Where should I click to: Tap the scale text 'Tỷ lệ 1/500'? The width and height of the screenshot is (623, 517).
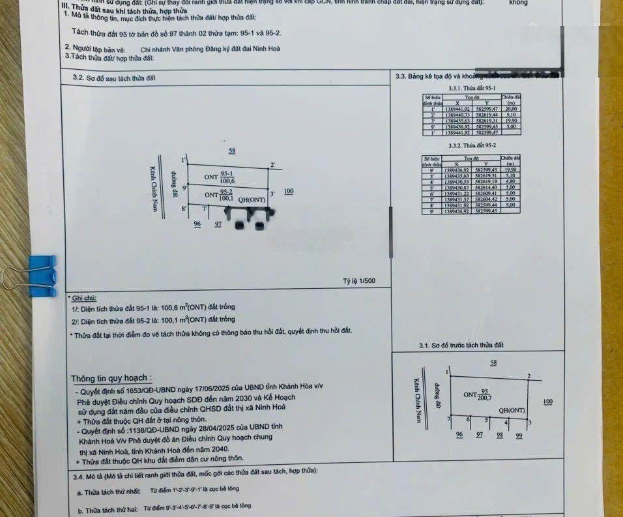(x=358, y=282)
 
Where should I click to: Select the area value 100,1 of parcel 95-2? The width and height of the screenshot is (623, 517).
(x=225, y=198)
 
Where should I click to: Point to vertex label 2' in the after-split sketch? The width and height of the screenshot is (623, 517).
(x=272, y=165)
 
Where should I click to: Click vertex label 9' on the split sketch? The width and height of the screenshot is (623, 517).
(x=184, y=188)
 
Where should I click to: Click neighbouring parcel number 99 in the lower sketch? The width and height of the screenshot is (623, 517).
(x=519, y=435)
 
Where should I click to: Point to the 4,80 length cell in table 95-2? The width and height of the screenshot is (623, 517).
(x=510, y=181)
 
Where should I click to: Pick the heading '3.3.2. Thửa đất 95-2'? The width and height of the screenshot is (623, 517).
(x=472, y=145)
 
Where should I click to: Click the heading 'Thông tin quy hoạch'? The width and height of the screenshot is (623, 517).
(x=112, y=378)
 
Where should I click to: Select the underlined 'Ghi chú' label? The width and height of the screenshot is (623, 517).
(x=85, y=297)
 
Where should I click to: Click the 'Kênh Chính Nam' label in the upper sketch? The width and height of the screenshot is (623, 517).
(x=155, y=192)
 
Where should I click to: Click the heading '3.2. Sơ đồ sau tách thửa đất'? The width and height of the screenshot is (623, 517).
(x=114, y=78)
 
